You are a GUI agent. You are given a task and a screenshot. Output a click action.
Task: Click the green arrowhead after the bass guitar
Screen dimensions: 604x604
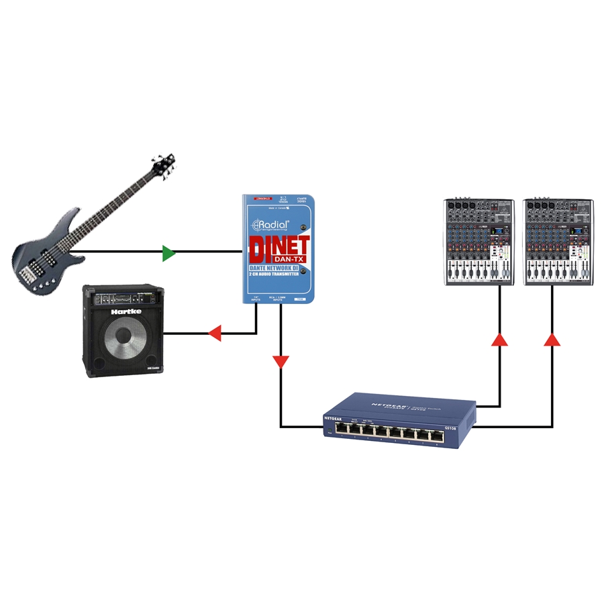[168, 254]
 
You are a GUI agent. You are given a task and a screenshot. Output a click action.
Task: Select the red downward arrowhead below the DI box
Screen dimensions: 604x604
[281, 362]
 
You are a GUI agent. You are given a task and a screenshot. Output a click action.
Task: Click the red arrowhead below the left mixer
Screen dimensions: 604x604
[499, 340]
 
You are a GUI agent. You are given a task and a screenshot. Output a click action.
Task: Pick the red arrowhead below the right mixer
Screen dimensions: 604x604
[552, 340]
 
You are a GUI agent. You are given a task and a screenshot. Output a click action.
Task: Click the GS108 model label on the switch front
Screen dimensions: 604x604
[451, 427]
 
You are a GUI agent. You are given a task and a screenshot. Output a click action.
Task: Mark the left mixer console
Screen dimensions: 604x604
[479, 242]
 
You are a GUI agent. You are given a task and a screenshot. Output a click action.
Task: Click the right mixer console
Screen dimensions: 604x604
[560, 242]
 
